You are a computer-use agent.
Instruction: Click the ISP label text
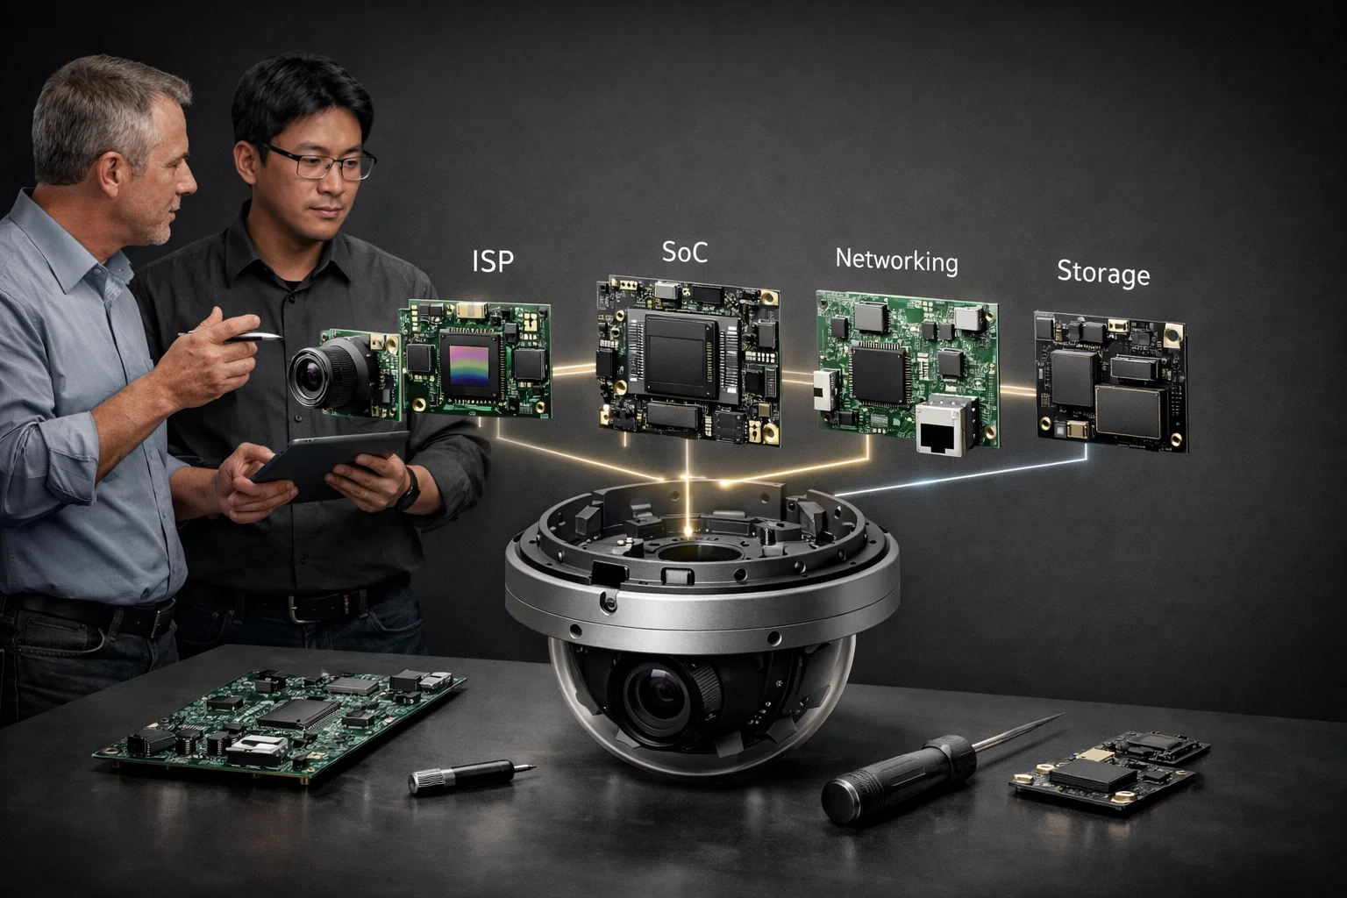coord(493,261)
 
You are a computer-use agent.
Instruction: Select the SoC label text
coord(684,252)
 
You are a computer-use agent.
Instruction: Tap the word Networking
coord(896,260)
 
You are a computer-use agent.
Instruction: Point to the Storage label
coord(1103,273)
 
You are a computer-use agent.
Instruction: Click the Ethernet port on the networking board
coord(941,426)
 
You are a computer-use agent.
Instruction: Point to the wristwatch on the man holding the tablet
coord(409,490)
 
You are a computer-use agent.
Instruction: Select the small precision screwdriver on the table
coord(472,774)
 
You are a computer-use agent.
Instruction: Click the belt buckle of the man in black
coord(299,608)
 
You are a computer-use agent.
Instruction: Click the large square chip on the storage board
coord(1128,412)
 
